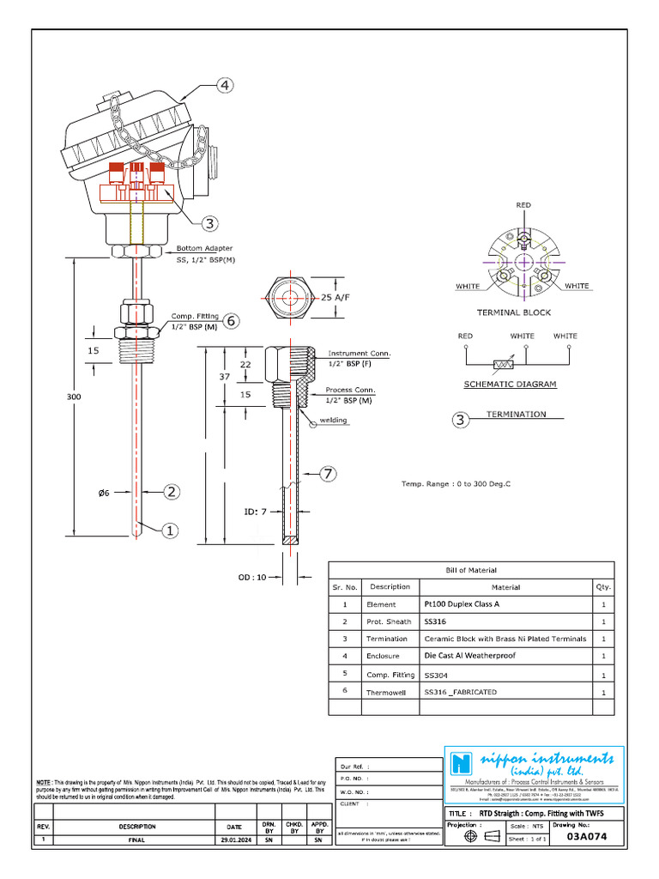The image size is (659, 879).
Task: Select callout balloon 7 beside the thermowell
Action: [327, 473]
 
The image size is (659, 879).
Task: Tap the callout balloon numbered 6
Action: [230, 320]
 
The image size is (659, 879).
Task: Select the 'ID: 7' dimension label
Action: [256, 512]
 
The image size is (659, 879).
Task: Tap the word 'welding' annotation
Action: [333, 421]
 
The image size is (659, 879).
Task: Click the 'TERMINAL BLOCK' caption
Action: [513, 312]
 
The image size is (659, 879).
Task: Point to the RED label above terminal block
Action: [523, 206]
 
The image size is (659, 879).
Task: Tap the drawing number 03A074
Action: [592, 839]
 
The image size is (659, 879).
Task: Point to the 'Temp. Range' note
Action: [456, 484]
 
